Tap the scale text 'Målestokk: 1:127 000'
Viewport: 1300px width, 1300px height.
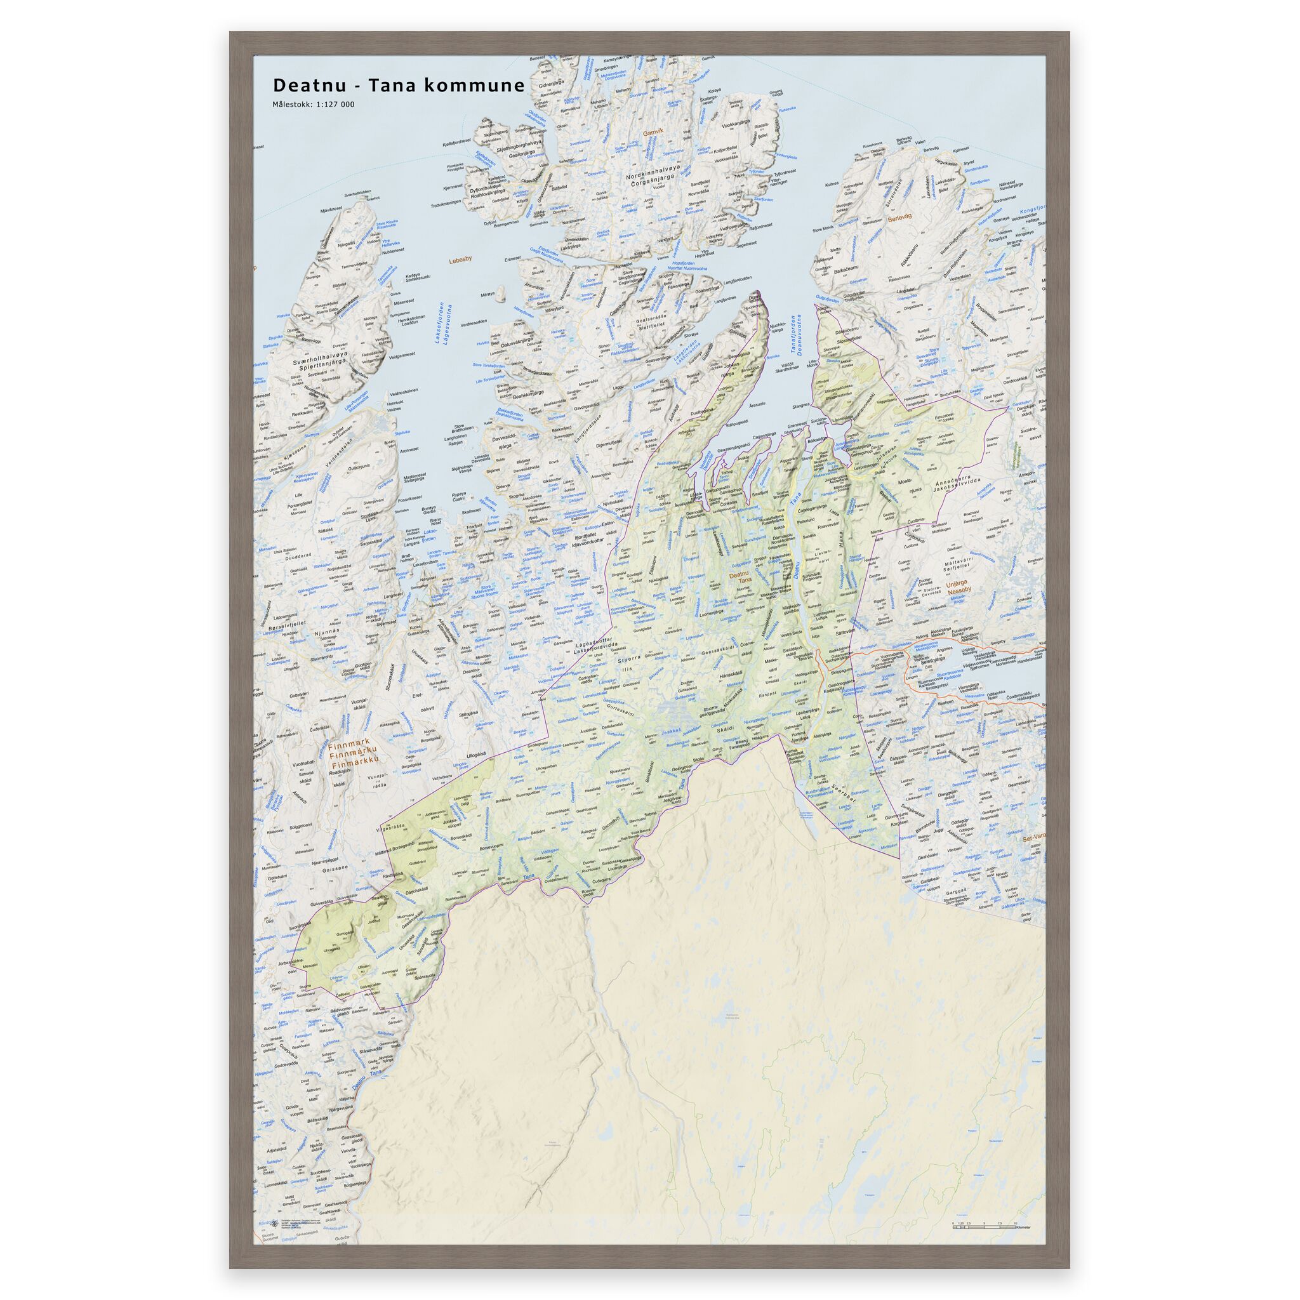[314, 104]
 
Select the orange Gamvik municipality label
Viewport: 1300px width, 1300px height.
[653, 133]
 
